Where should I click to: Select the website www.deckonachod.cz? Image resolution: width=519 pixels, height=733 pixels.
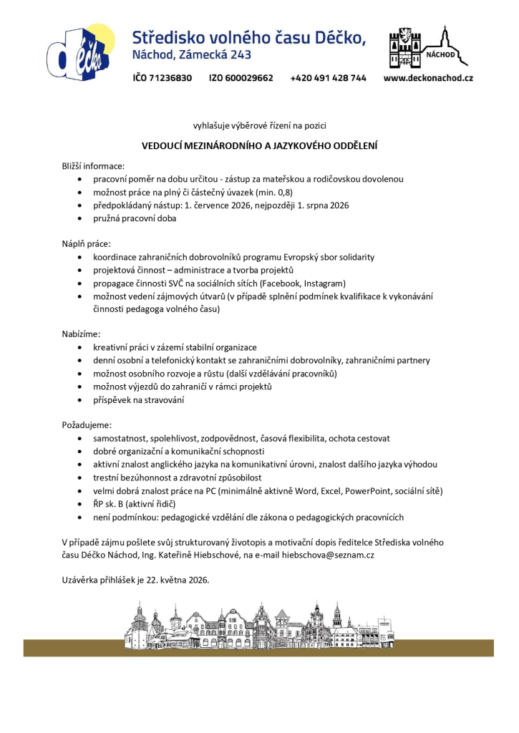point(428,77)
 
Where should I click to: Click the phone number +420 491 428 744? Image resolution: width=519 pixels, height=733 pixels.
point(328,77)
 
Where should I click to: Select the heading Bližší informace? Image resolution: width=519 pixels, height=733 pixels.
point(93,166)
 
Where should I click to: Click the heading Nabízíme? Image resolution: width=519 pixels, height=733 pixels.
point(81,333)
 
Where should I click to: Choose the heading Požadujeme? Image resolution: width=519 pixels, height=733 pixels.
point(87,424)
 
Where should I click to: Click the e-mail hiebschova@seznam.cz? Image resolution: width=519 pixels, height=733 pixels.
point(334,555)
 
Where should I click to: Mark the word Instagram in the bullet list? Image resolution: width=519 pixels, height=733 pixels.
point(324,283)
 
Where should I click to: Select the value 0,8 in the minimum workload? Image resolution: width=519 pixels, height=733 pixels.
point(282,193)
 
